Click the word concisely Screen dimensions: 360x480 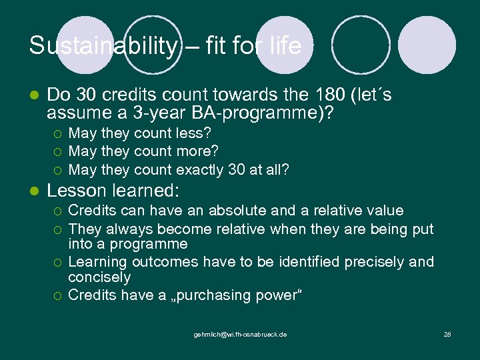pos(100,277)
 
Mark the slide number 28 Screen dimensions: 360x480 pos(447,333)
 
